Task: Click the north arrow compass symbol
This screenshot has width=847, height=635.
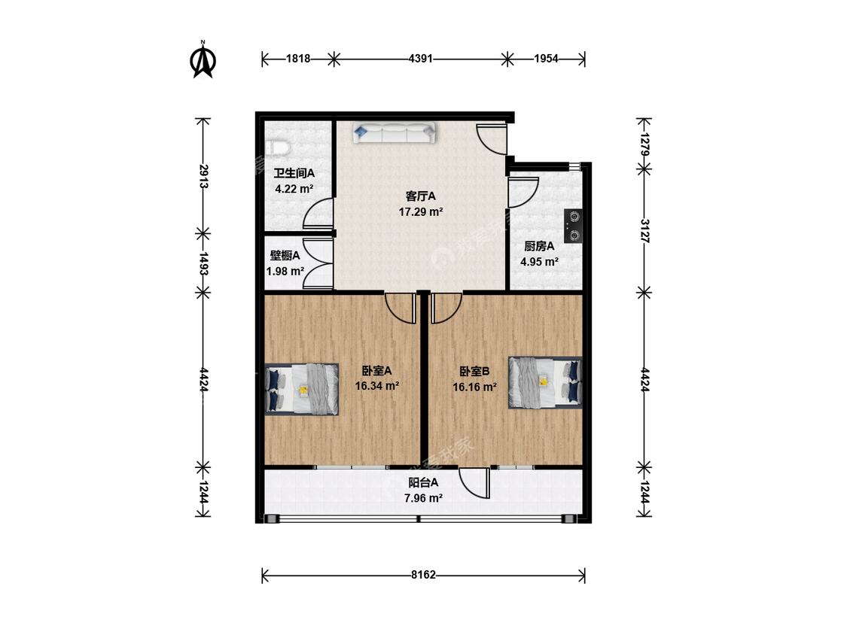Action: tap(203, 60)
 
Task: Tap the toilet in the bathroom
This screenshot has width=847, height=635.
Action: tap(278, 148)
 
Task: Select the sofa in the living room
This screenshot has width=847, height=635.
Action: tap(394, 133)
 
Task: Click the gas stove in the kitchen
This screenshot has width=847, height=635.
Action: tap(573, 226)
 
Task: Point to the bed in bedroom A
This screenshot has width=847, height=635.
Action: tap(302, 389)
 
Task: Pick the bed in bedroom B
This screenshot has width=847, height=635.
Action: tap(545, 382)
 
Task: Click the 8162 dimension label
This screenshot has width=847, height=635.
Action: tap(423, 575)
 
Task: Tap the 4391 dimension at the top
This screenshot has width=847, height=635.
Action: tap(420, 59)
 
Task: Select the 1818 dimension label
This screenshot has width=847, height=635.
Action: tap(298, 59)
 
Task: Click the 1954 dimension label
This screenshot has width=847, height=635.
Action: tap(546, 59)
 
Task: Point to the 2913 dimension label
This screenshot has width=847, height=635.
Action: tap(203, 176)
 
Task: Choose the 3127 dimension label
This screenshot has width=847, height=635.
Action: tap(644, 231)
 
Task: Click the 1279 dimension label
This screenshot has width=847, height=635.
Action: tap(644, 144)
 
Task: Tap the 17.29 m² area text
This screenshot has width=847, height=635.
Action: tap(421, 211)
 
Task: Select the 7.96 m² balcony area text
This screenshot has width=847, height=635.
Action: tap(423, 498)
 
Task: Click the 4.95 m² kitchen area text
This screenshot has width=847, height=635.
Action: tap(539, 262)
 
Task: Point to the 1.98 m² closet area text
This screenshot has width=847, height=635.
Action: tap(285, 271)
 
